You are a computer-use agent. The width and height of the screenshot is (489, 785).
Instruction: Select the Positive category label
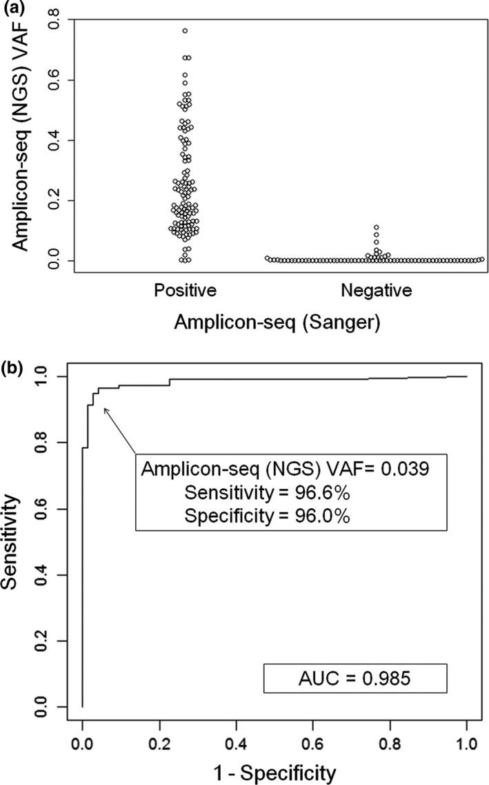coord(186,291)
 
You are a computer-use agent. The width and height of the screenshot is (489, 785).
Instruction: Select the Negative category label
coord(376,291)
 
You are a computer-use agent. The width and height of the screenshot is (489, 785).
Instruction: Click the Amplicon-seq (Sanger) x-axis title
coord(279,321)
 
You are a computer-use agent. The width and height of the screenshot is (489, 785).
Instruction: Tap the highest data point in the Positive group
coord(186,31)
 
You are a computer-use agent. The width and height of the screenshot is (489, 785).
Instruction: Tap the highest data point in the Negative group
coord(377,227)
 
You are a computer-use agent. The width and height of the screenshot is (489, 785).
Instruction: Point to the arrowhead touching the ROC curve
coord(105,409)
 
